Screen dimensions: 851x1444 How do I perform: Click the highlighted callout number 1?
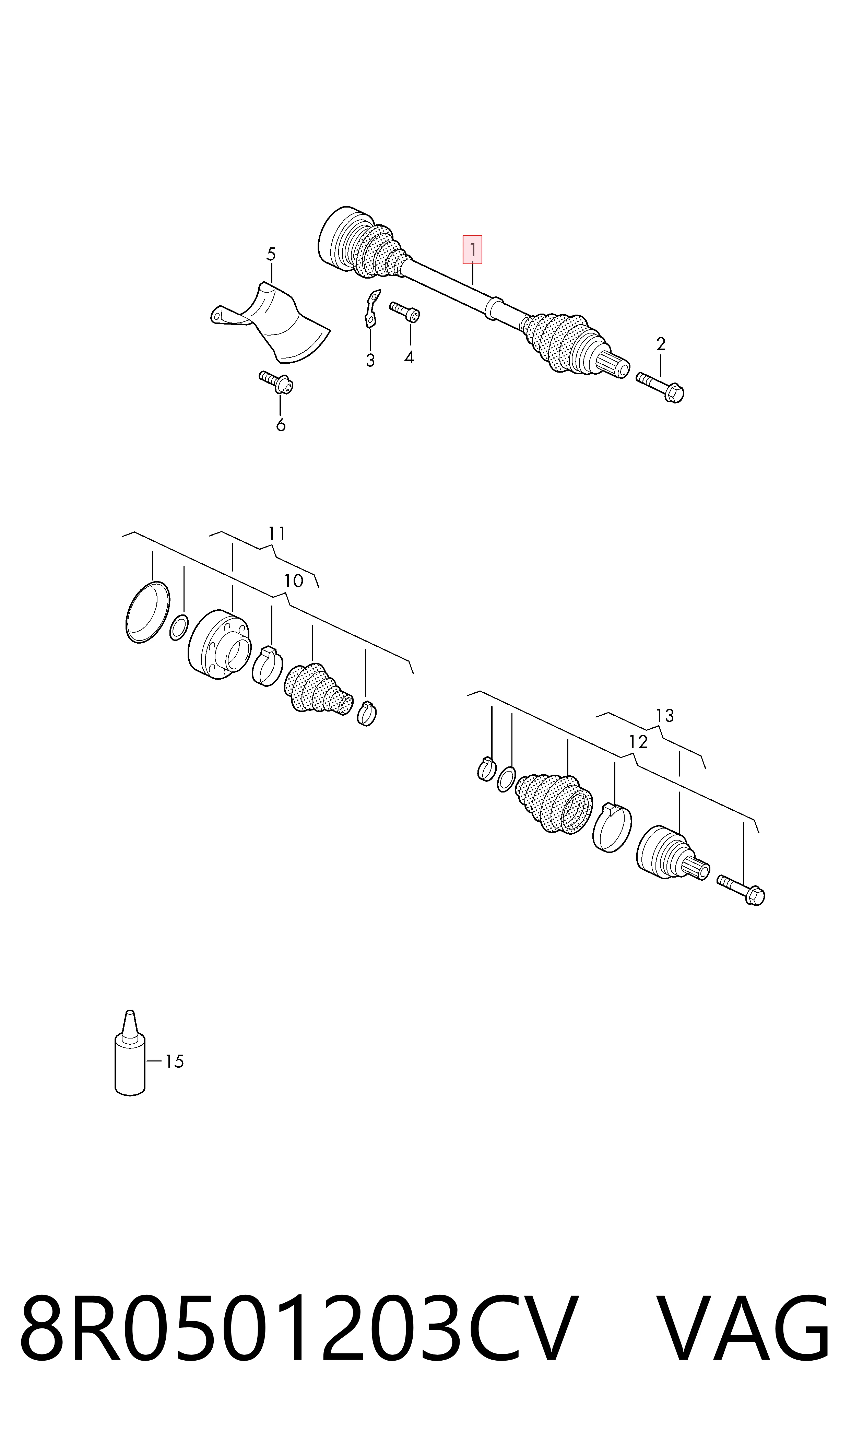pyautogui.click(x=473, y=250)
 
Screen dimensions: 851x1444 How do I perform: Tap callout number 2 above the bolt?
pyautogui.click(x=661, y=344)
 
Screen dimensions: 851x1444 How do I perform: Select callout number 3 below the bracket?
pyautogui.click(x=370, y=360)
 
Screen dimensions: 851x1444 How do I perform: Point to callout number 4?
pyautogui.click(x=409, y=357)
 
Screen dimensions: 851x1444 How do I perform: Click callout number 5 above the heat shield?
pyautogui.click(x=271, y=254)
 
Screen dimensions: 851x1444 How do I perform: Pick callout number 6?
pyautogui.click(x=281, y=425)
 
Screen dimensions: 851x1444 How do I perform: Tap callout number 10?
pyautogui.click(x=294, y=581)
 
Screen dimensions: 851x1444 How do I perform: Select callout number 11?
pyautogui.click(x=277, y=533)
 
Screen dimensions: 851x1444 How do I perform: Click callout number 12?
pyautogui.click(x=638, y=742)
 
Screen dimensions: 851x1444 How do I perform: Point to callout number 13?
pyautogui.click(x=665, y=716)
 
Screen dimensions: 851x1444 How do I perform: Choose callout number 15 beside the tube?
pyautogui.click(x=174, y=1061)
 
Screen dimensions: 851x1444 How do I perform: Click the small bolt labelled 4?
pyautogui.click(x=405, y=312)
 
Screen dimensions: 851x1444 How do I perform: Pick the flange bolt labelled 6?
pyautogui.click(x=276, y=383)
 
